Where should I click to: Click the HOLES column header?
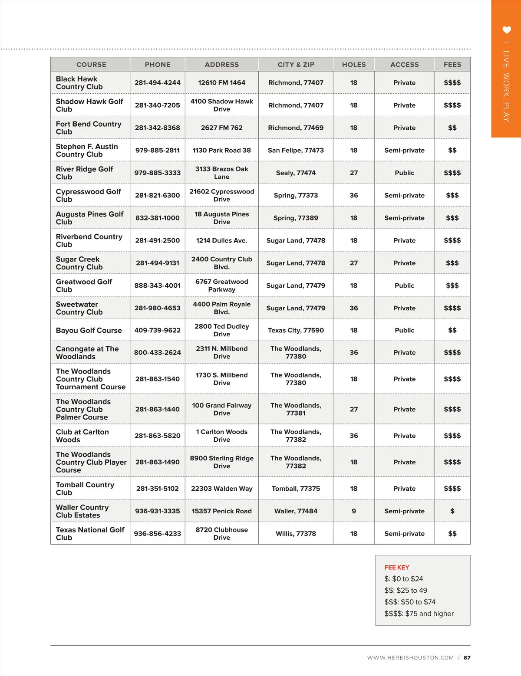coord(354,65)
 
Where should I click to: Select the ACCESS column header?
coord(404,65)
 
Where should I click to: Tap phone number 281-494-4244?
coord(157,83)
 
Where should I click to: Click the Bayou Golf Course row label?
coord(89,331)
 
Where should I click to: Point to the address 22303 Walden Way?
coord(221,489)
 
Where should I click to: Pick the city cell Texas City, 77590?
coord(296,331)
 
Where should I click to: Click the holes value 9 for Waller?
coord(354,511)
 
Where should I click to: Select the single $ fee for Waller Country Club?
coord(452,511)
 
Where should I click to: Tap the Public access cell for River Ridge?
coord(404,173)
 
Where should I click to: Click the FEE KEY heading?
coord(396,568)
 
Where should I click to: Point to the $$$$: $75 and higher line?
coord(419,614)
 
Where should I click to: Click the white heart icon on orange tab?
coord(506,30)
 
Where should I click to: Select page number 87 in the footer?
coord(467,658)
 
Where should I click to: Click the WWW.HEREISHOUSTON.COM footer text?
coord(410,658)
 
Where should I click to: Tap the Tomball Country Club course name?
coord(85,489)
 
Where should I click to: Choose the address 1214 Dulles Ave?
coord(221,241)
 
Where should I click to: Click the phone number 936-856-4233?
coord(157,534)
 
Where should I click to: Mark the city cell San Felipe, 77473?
coord(296,151)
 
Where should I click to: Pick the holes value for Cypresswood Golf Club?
coord(354,196)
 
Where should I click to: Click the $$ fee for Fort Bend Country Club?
coord(452,128)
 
